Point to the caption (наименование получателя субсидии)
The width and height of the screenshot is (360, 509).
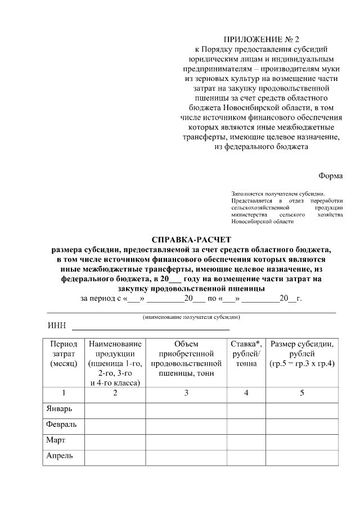pos(192,317)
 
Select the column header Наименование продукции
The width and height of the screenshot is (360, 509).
pos(115,363)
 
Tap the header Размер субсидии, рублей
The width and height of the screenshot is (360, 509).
pos(302,353)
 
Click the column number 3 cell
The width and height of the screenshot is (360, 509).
pos(186,393)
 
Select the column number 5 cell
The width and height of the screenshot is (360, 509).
pos(302,393)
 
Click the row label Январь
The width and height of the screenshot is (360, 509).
pos(58,408)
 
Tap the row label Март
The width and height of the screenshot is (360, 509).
pos(55,440)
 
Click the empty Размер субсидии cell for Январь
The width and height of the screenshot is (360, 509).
pos(302,408)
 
